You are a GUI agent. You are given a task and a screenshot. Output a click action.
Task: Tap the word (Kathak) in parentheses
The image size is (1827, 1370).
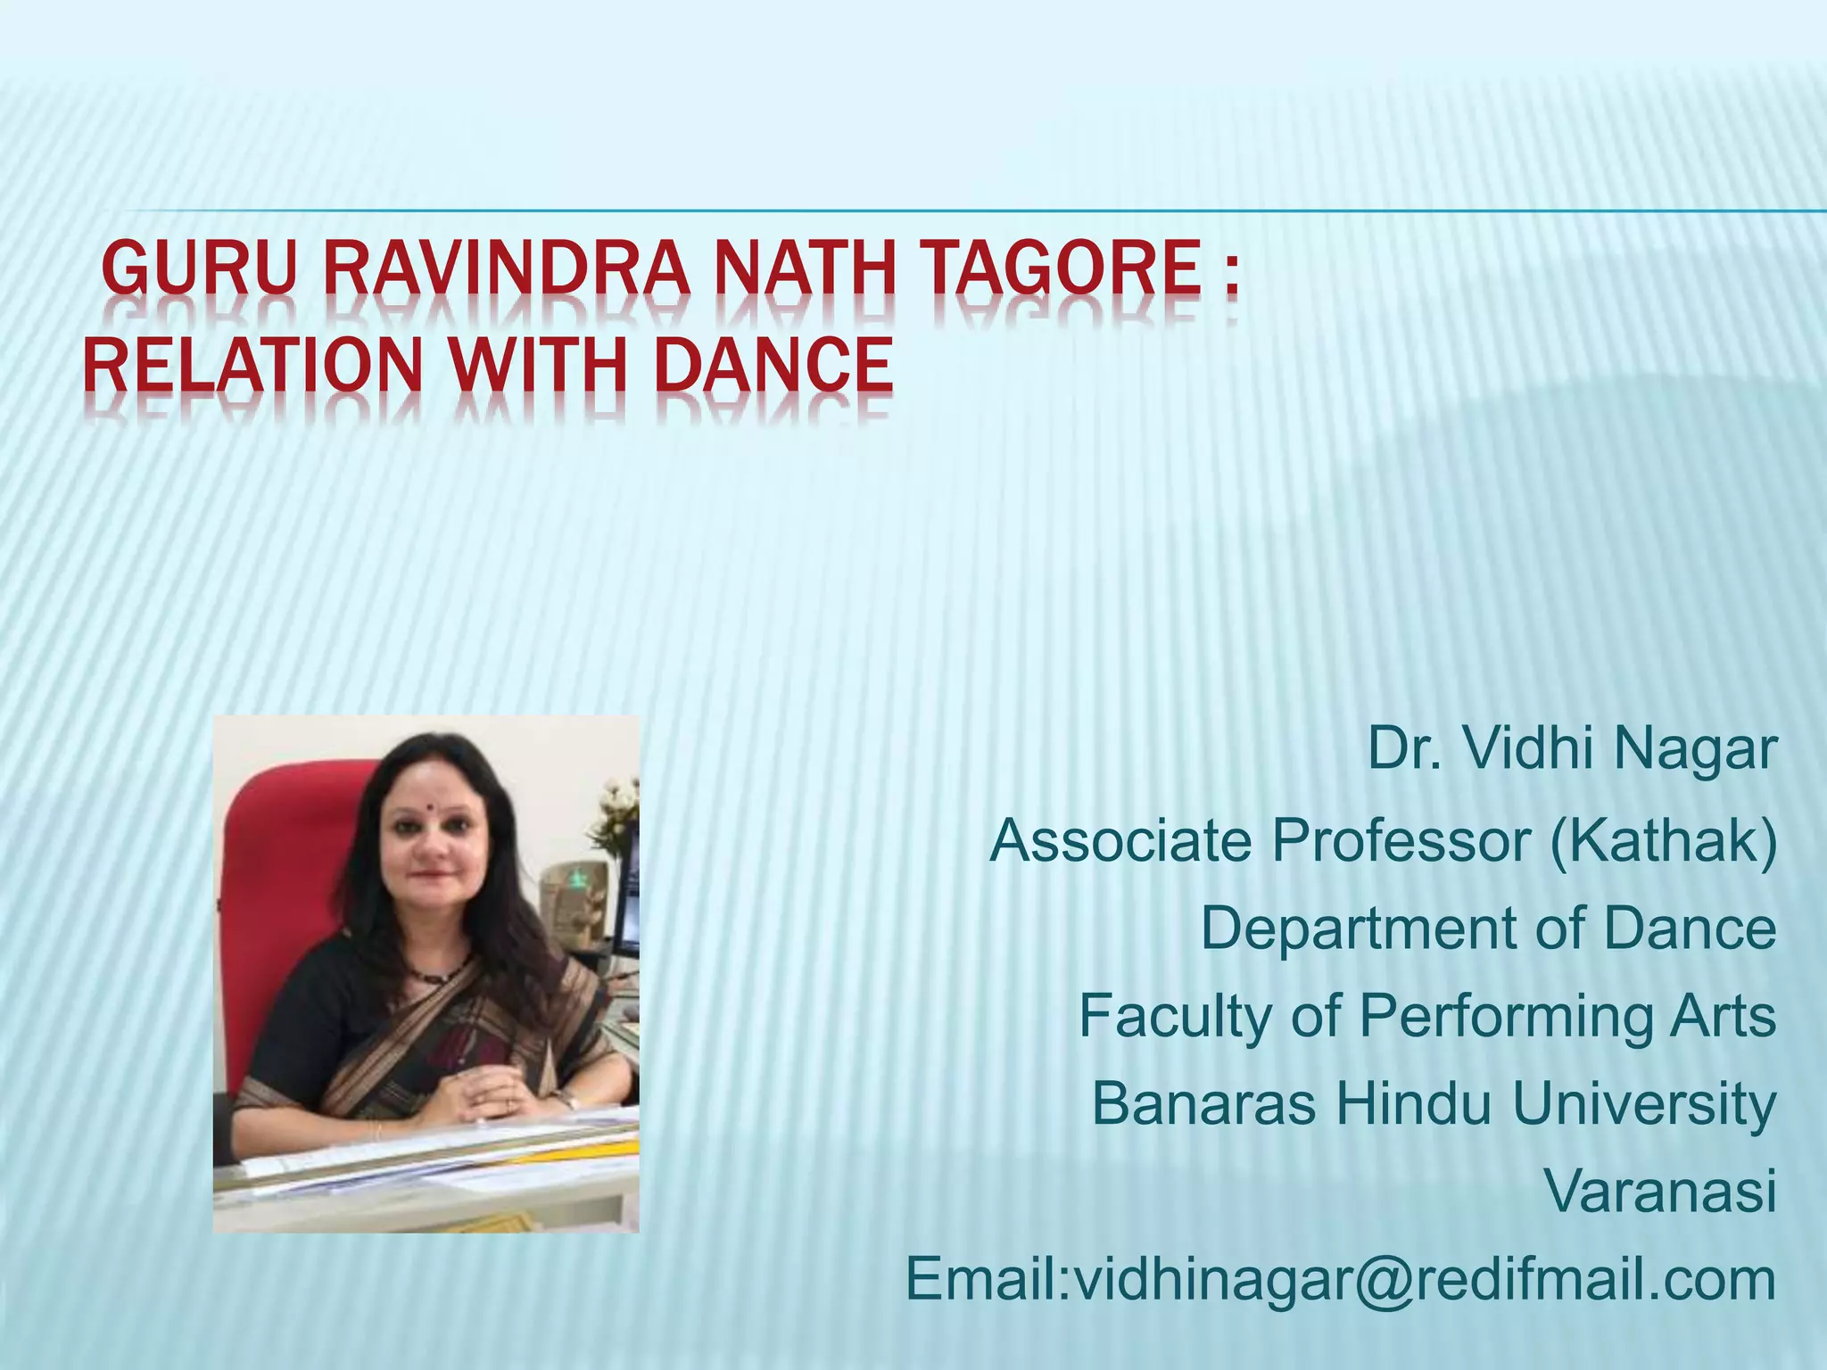(x=1663, y=840)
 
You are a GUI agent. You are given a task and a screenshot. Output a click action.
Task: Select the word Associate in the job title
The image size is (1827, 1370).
(x=1120, y=840)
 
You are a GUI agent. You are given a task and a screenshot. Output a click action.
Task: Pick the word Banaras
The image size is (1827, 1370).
(x=1204, y=1103)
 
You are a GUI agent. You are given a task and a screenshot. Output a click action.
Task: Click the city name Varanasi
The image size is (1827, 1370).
(x=1659, y=1191)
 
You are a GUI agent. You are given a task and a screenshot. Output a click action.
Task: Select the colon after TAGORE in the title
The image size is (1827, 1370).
(x=1231, y=275)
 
